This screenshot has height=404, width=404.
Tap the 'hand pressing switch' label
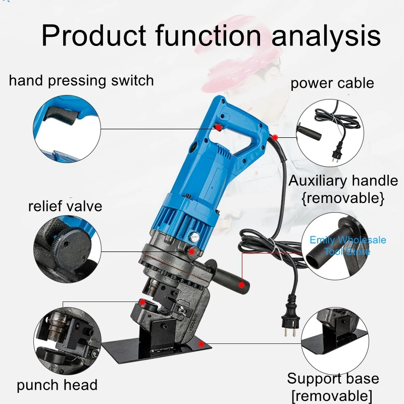tap(81, 80)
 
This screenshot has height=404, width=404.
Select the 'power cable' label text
tap(332, 83)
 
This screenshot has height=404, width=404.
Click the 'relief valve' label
tap(65, 206)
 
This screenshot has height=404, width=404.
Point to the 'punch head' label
tap(57, 385)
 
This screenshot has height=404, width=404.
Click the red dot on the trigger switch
tap(218, 126)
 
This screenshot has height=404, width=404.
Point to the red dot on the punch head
tap(144, 302)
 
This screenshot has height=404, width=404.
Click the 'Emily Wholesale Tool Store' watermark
tap(347, 245)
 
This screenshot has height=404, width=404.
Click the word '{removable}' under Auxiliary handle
tap(343, 198)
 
